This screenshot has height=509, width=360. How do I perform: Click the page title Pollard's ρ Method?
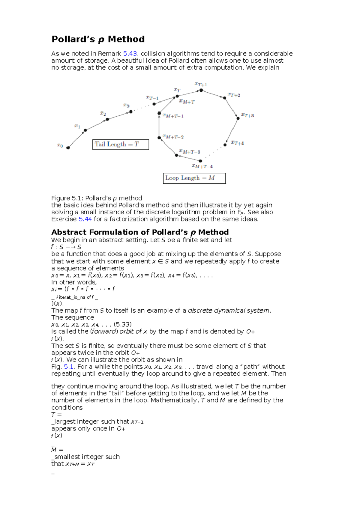[98, 39]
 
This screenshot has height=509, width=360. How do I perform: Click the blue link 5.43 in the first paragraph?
[130, 54]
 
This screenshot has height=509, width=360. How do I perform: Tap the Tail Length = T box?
[120, 144]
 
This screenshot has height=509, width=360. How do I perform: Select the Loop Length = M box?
[194, 178]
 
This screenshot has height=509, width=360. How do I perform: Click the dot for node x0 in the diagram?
[68, 147]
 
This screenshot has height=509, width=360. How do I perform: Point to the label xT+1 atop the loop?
[201, 85]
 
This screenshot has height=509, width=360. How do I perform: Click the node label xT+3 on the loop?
[248, 115]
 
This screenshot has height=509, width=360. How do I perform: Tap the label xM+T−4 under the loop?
[202, 166]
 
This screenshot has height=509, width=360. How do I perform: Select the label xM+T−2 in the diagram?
[173, 137]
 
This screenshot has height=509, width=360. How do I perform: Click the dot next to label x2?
[107, 119]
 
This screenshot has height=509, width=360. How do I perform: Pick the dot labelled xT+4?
[225, 145]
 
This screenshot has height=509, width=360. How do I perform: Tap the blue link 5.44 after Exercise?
[85, 219]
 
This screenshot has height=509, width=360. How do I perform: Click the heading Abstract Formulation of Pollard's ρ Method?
[140, 232]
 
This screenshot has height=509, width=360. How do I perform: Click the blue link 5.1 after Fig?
[69, 367]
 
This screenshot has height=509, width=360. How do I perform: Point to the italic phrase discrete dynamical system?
[229, 311]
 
